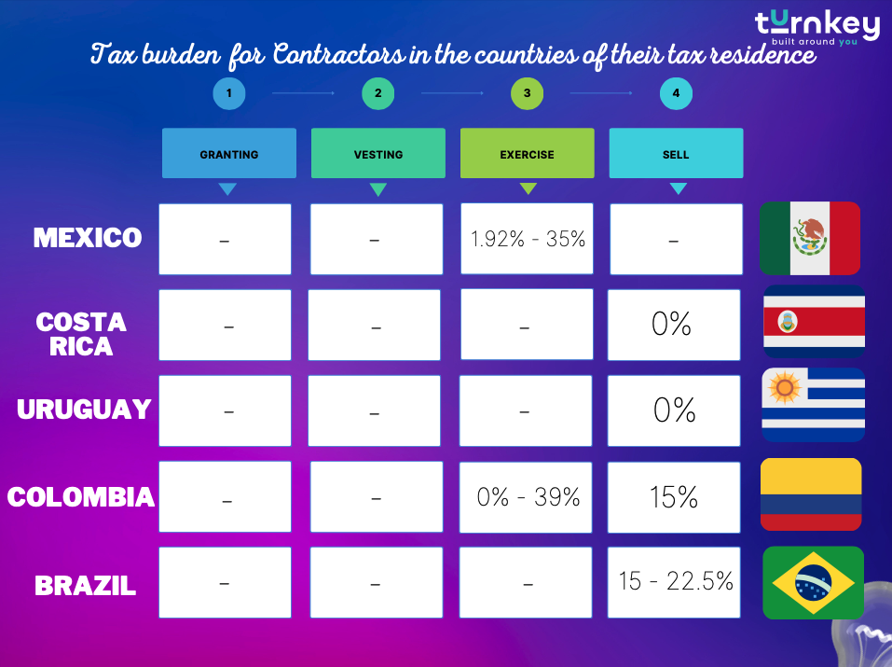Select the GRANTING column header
click(228, 154)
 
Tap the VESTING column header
click(377, 154)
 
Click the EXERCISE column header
click(527, 154)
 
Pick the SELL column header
click(676, 154)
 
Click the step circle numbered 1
click(228, 93)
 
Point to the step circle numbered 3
click(527, 93)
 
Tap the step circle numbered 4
click(676, 93)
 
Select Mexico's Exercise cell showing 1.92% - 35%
click(528, 239)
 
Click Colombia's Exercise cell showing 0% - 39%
click(528, 497)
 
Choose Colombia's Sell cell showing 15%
click(674, 497)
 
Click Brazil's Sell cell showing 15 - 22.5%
click(675, 581)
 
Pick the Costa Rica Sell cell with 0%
click(673, 325)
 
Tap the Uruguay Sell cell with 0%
click(674, 410)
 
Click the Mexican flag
click(809, 238)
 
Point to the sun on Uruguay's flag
click(786, 386)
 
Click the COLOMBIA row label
click(81, 497)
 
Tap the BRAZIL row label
click(85, 585)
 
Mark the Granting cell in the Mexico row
click(225, 239)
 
